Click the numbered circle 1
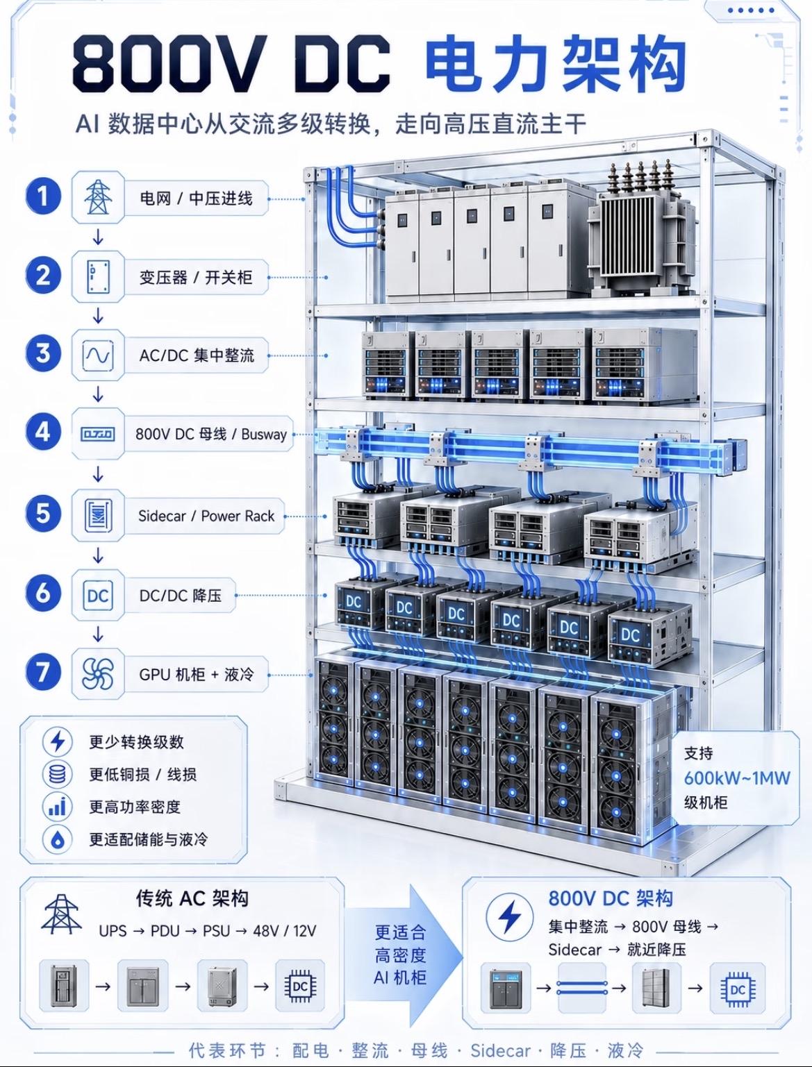[43, 197]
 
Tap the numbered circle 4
[43, 432]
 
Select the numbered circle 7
[43, 672]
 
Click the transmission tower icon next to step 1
[98, 197]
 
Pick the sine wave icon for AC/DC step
[98, 355]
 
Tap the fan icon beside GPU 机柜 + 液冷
[98, 674]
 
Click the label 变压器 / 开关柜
[196, 278]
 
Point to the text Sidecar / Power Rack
[206, 516]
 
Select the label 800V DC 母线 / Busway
[211, 434]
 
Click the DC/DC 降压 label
[181, 596]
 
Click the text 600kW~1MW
[736, 778]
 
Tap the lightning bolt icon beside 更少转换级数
[58, 742]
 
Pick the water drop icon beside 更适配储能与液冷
[58, 839]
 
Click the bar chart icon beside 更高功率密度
[58, 807]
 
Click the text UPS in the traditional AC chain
[113, 931]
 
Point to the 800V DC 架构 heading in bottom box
[611, 898]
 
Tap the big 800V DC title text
[231, 64]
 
